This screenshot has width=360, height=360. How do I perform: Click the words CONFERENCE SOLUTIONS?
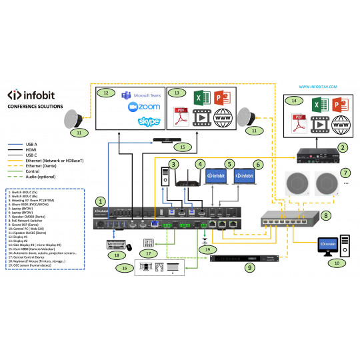35,106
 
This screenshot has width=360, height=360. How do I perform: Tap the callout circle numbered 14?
295,102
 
